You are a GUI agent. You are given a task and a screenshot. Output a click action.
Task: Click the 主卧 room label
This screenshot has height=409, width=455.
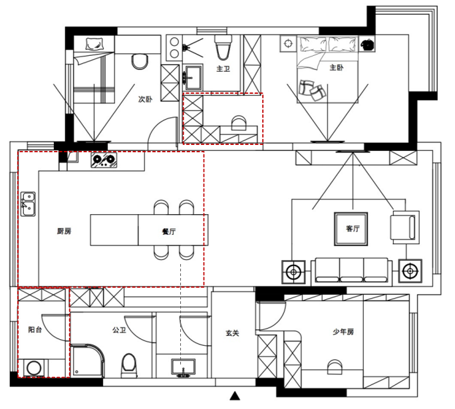(x=336, y=68)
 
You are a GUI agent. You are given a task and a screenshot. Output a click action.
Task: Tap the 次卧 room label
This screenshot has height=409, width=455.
(x=145, y=99)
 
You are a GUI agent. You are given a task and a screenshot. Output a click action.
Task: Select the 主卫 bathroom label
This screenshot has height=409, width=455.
(x=223, y=68)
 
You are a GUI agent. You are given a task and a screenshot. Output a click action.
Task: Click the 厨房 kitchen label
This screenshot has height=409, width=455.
(x=64, y=231)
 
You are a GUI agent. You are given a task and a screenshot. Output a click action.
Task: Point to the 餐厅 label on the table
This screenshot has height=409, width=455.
(x=169, y=232)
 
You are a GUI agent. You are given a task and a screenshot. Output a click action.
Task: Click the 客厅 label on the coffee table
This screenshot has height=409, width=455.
(x=353, y=229)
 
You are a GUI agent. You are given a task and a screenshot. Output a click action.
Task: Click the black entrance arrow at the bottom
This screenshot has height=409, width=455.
(x=234, y=397)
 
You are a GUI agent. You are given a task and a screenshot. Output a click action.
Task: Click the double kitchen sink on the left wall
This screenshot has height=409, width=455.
(x=28, y=204)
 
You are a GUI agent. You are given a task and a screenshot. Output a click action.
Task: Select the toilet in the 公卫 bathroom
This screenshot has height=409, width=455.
(x=129, y=364)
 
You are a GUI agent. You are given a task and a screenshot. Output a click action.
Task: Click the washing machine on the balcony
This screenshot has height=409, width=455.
(x=33, y=368)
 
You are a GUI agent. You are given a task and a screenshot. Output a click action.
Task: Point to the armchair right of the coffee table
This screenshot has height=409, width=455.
(x=404, y=227)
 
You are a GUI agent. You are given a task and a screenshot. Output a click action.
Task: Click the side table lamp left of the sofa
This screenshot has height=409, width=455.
(x=293, y=271)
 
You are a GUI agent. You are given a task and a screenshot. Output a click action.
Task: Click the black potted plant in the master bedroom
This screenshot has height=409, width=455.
(x=367, y=45)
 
